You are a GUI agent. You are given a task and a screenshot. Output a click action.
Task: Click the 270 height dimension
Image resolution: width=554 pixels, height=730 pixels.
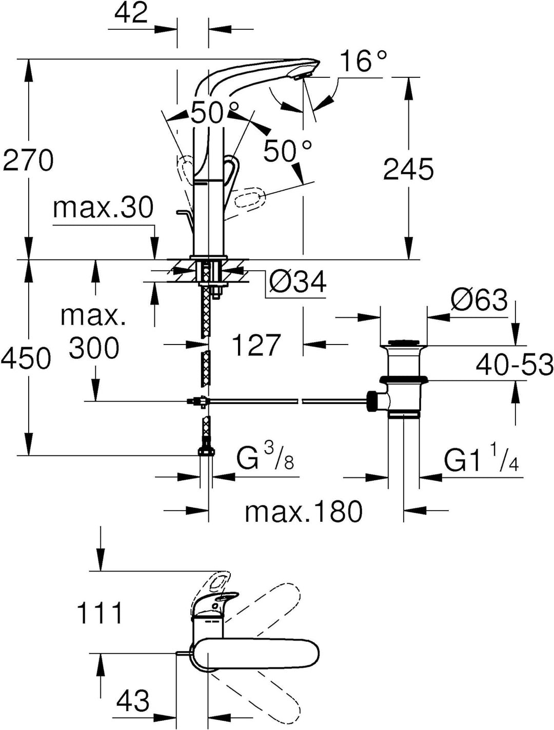[28, 160]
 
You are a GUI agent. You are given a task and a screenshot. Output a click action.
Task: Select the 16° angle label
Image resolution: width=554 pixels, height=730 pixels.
[364, 62]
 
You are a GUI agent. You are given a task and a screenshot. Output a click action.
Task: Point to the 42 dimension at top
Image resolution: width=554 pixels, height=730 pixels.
[131, 13]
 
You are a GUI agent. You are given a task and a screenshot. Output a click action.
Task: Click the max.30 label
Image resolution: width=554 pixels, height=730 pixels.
[103, 208]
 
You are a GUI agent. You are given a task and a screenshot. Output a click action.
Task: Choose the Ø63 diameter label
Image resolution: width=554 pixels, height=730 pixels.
[479, 300]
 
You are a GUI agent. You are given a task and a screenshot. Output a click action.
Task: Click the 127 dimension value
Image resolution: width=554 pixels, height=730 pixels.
[256, 345]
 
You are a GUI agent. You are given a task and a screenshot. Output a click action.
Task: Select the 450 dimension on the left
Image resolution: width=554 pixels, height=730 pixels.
[26, 358]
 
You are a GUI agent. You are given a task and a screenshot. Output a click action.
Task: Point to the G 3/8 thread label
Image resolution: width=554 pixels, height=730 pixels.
[265, 458]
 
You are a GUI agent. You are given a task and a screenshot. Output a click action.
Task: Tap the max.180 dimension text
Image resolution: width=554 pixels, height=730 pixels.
[304, 511]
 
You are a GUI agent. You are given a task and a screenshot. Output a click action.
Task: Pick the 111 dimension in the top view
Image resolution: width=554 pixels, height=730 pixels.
[100, 613]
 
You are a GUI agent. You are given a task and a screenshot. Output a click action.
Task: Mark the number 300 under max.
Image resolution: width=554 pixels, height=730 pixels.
[94, 349]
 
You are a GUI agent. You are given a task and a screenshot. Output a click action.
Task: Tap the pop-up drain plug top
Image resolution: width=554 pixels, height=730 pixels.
[403, 342]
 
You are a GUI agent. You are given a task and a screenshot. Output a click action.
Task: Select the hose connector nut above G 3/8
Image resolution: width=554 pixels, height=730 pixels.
[206, 451]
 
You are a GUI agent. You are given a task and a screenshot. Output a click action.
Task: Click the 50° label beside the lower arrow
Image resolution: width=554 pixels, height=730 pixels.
[288, 151]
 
